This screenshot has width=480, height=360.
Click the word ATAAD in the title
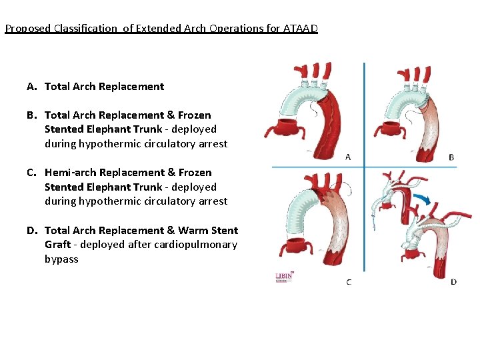click(x=302, y=29)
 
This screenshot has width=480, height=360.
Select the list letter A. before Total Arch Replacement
click(x=32, y=87)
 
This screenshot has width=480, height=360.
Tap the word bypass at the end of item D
click(x=61, y=259)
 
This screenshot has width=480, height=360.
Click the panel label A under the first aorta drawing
click(x=348, y=157)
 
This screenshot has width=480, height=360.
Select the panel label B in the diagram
click(x=451, y=157)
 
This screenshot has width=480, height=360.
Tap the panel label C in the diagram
click(x=348, y=282)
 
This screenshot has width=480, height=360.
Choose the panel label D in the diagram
click(x=453, y=282)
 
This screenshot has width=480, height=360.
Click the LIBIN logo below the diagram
click(x=285, y=277)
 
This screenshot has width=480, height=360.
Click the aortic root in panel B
click(x=395, y=131)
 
